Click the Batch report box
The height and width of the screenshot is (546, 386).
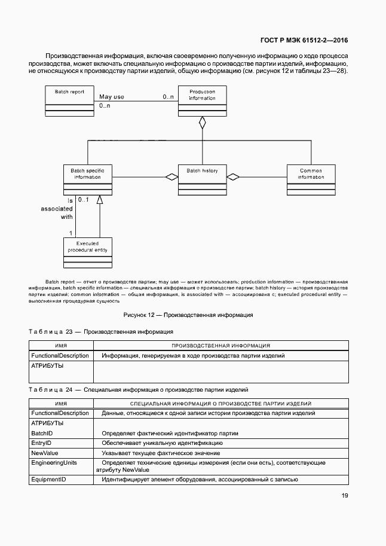click(69, 100)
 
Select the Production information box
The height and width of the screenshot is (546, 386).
click(202, 100)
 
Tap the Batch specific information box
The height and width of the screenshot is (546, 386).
click(87, 179)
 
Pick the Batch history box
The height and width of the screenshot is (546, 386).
click(202, 179)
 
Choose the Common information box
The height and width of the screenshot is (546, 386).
click(311, 179)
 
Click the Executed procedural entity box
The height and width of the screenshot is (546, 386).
click(87, 253)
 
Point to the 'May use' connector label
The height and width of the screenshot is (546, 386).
click(112, 96)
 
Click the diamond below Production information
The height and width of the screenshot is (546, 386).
click(203, 123)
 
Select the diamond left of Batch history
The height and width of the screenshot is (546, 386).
click(172, 177)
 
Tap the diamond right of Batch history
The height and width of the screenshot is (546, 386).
click(232, 177)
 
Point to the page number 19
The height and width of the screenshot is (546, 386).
click(345, 495)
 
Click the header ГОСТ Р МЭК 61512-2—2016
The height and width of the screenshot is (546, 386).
click(304, 41)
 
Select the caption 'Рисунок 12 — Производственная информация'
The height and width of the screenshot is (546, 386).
click(188, 315)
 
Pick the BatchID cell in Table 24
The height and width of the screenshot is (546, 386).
click(42, 433)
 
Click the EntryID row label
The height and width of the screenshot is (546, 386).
click(41, 443)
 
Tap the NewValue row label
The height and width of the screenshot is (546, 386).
click(44, 453)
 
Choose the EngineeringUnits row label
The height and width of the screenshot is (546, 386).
click(54, 463)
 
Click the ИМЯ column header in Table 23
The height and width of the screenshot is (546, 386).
click(61, 346)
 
